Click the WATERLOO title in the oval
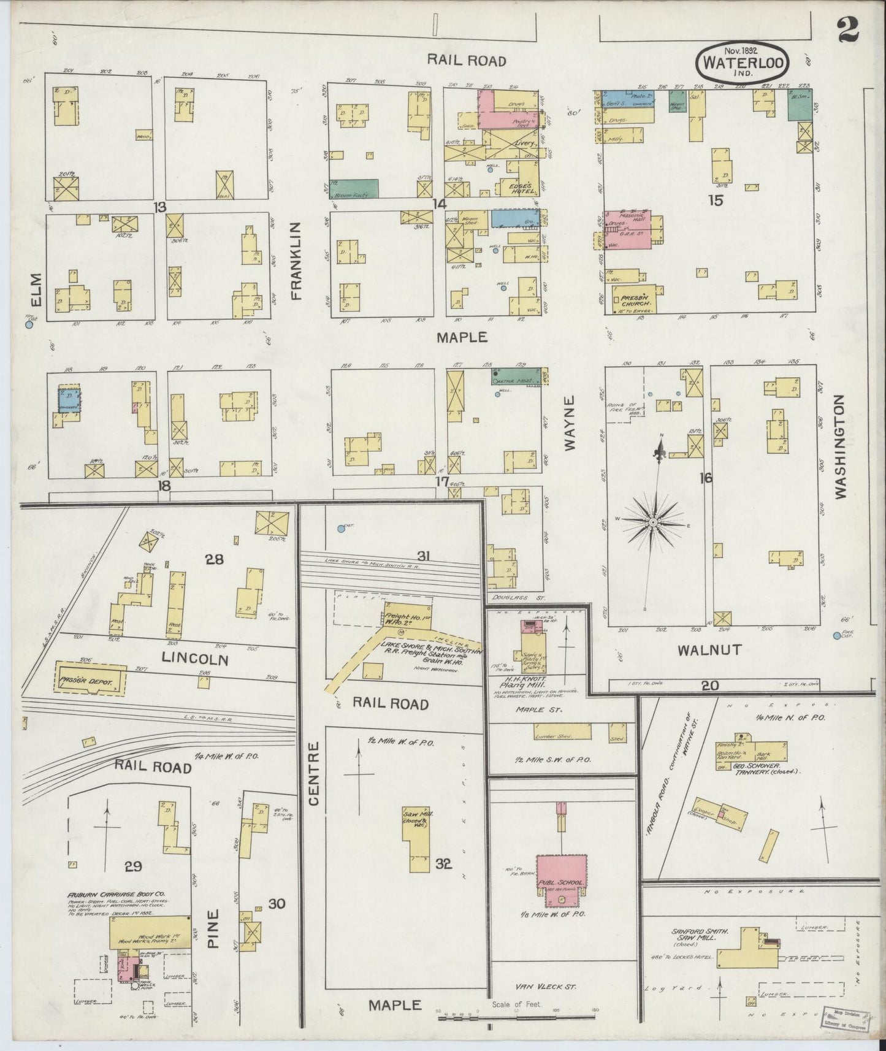coord(742,63)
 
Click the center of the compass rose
coord(654,522)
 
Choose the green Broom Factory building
coord(354,188)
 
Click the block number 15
coord(716,200)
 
